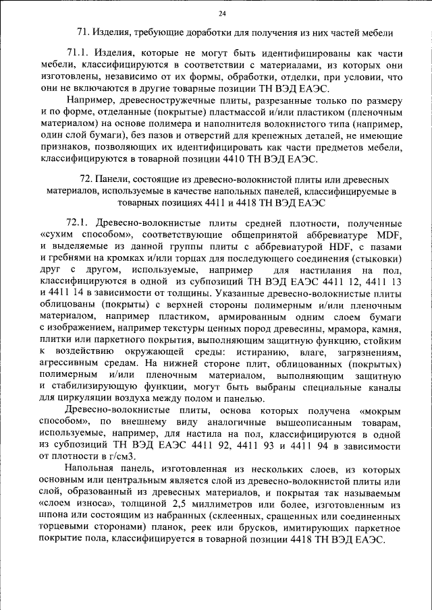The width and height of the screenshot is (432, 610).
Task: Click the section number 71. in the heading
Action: click(84, 32)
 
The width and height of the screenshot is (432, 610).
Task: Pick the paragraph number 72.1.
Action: click(80, 223)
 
